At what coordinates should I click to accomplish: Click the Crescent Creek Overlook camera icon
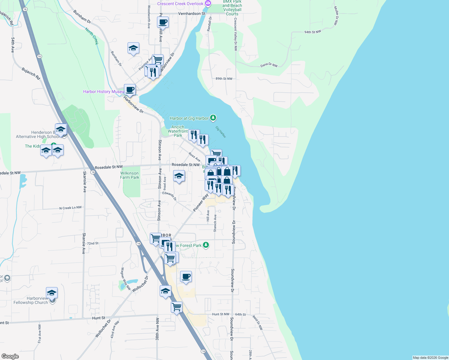click(x=208, y=4)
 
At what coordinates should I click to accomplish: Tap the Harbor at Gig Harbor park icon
click(x=213, y=118)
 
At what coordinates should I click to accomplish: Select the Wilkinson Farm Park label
click(x=129, y=175)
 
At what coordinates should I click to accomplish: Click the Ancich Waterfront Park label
click(x=178, y=131)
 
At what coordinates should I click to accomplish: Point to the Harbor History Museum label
click(x=103, y=91)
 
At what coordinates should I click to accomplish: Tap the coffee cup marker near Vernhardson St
click(x=163, y=22)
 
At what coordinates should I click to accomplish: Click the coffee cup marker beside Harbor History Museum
click(x=130, y=89)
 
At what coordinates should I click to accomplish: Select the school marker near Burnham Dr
click(x=133, y=48)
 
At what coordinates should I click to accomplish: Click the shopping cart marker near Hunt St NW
click(x=176, y=307)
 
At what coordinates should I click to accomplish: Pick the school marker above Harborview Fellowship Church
click(x=52, y=292)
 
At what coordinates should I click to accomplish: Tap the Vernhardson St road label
click(x=191, y=13)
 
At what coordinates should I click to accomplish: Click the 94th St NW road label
click(x=312, y=32)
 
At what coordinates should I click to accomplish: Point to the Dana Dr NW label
click(x=269, y=65)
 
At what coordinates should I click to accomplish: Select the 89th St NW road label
click(x=224, y=79)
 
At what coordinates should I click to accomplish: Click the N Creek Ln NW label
click(x=70, y=208)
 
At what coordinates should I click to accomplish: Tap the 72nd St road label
click(x=93, y=243)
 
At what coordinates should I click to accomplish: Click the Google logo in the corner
click(x=10, y=356)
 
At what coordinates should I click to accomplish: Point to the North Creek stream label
click(x=92, y=36)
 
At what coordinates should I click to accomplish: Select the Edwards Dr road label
click(x=170, y=196)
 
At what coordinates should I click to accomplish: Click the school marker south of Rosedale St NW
click(x=179, y=176)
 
